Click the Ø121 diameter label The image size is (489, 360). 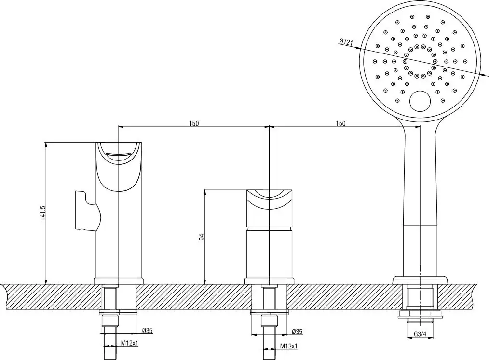(x=346, y=42)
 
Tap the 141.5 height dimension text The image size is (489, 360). (x=42, y=213)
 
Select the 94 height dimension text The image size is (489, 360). (x=202, y=237)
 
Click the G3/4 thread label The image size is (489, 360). (x=420, y=334)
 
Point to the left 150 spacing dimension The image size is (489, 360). (x=193, y=123)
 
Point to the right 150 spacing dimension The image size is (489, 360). (x=340, y=123)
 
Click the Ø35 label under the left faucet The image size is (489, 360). (x=148, y=331)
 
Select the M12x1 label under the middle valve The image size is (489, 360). (x=289, y=346)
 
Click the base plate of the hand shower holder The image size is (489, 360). (x=419, y=280)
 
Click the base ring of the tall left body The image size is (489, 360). (x=119, y=280)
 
